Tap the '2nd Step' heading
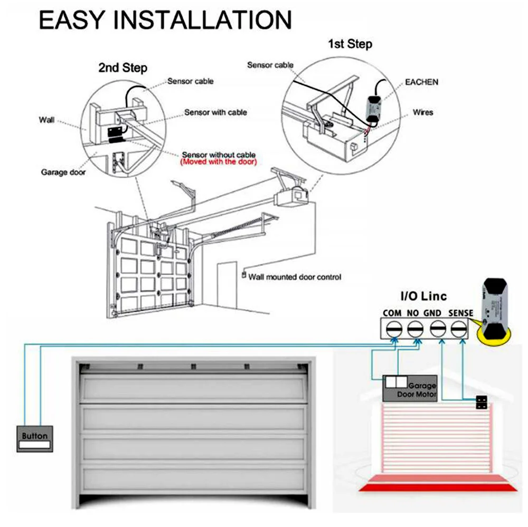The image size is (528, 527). (x=122, y=68)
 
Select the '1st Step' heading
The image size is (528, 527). (x=350, y=44)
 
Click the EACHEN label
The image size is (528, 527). (x=421, y=82)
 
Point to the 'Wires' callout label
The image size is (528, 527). (x=423, y=112)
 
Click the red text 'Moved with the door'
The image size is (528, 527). (x=219, y=162)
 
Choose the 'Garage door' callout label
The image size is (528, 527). (x=63, y=173)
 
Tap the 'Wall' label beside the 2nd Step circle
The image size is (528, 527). (x=46, y=120)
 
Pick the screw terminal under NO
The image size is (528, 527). (x=413, y=330)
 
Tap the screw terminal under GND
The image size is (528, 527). (x=436, y=330)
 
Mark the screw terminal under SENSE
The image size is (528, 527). (x=457, y=330)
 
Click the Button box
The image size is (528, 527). (x=35, y=439)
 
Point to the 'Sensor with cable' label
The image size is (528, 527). (x=215, y=112)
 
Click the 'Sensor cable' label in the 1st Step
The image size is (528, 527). (x=270, y=65)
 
